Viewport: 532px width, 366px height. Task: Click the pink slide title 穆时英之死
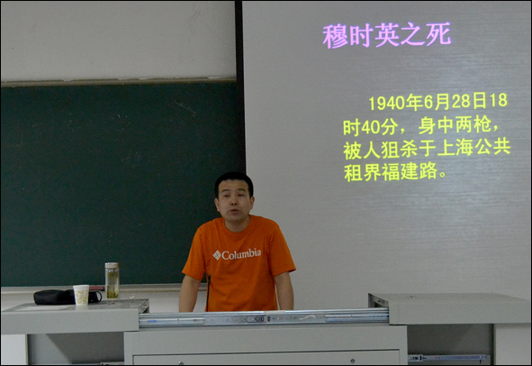tap(387, 35)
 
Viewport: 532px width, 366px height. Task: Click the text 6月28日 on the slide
tap(455, 102)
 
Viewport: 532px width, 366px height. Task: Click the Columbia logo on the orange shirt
tap(237, 254)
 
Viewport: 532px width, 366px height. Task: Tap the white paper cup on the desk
tap(81, 295)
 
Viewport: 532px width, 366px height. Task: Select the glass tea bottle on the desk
tap(112, 280)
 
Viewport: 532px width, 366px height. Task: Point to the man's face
tap(234, 201)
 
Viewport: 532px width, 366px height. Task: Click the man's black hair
tap(234, 180)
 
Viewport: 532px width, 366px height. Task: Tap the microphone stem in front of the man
tap(208, 293)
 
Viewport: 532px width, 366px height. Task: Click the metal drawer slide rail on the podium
tap(264, 319)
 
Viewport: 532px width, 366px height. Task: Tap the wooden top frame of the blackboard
tap(118, 82)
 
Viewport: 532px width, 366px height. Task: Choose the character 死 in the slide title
tap(438, 34)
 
